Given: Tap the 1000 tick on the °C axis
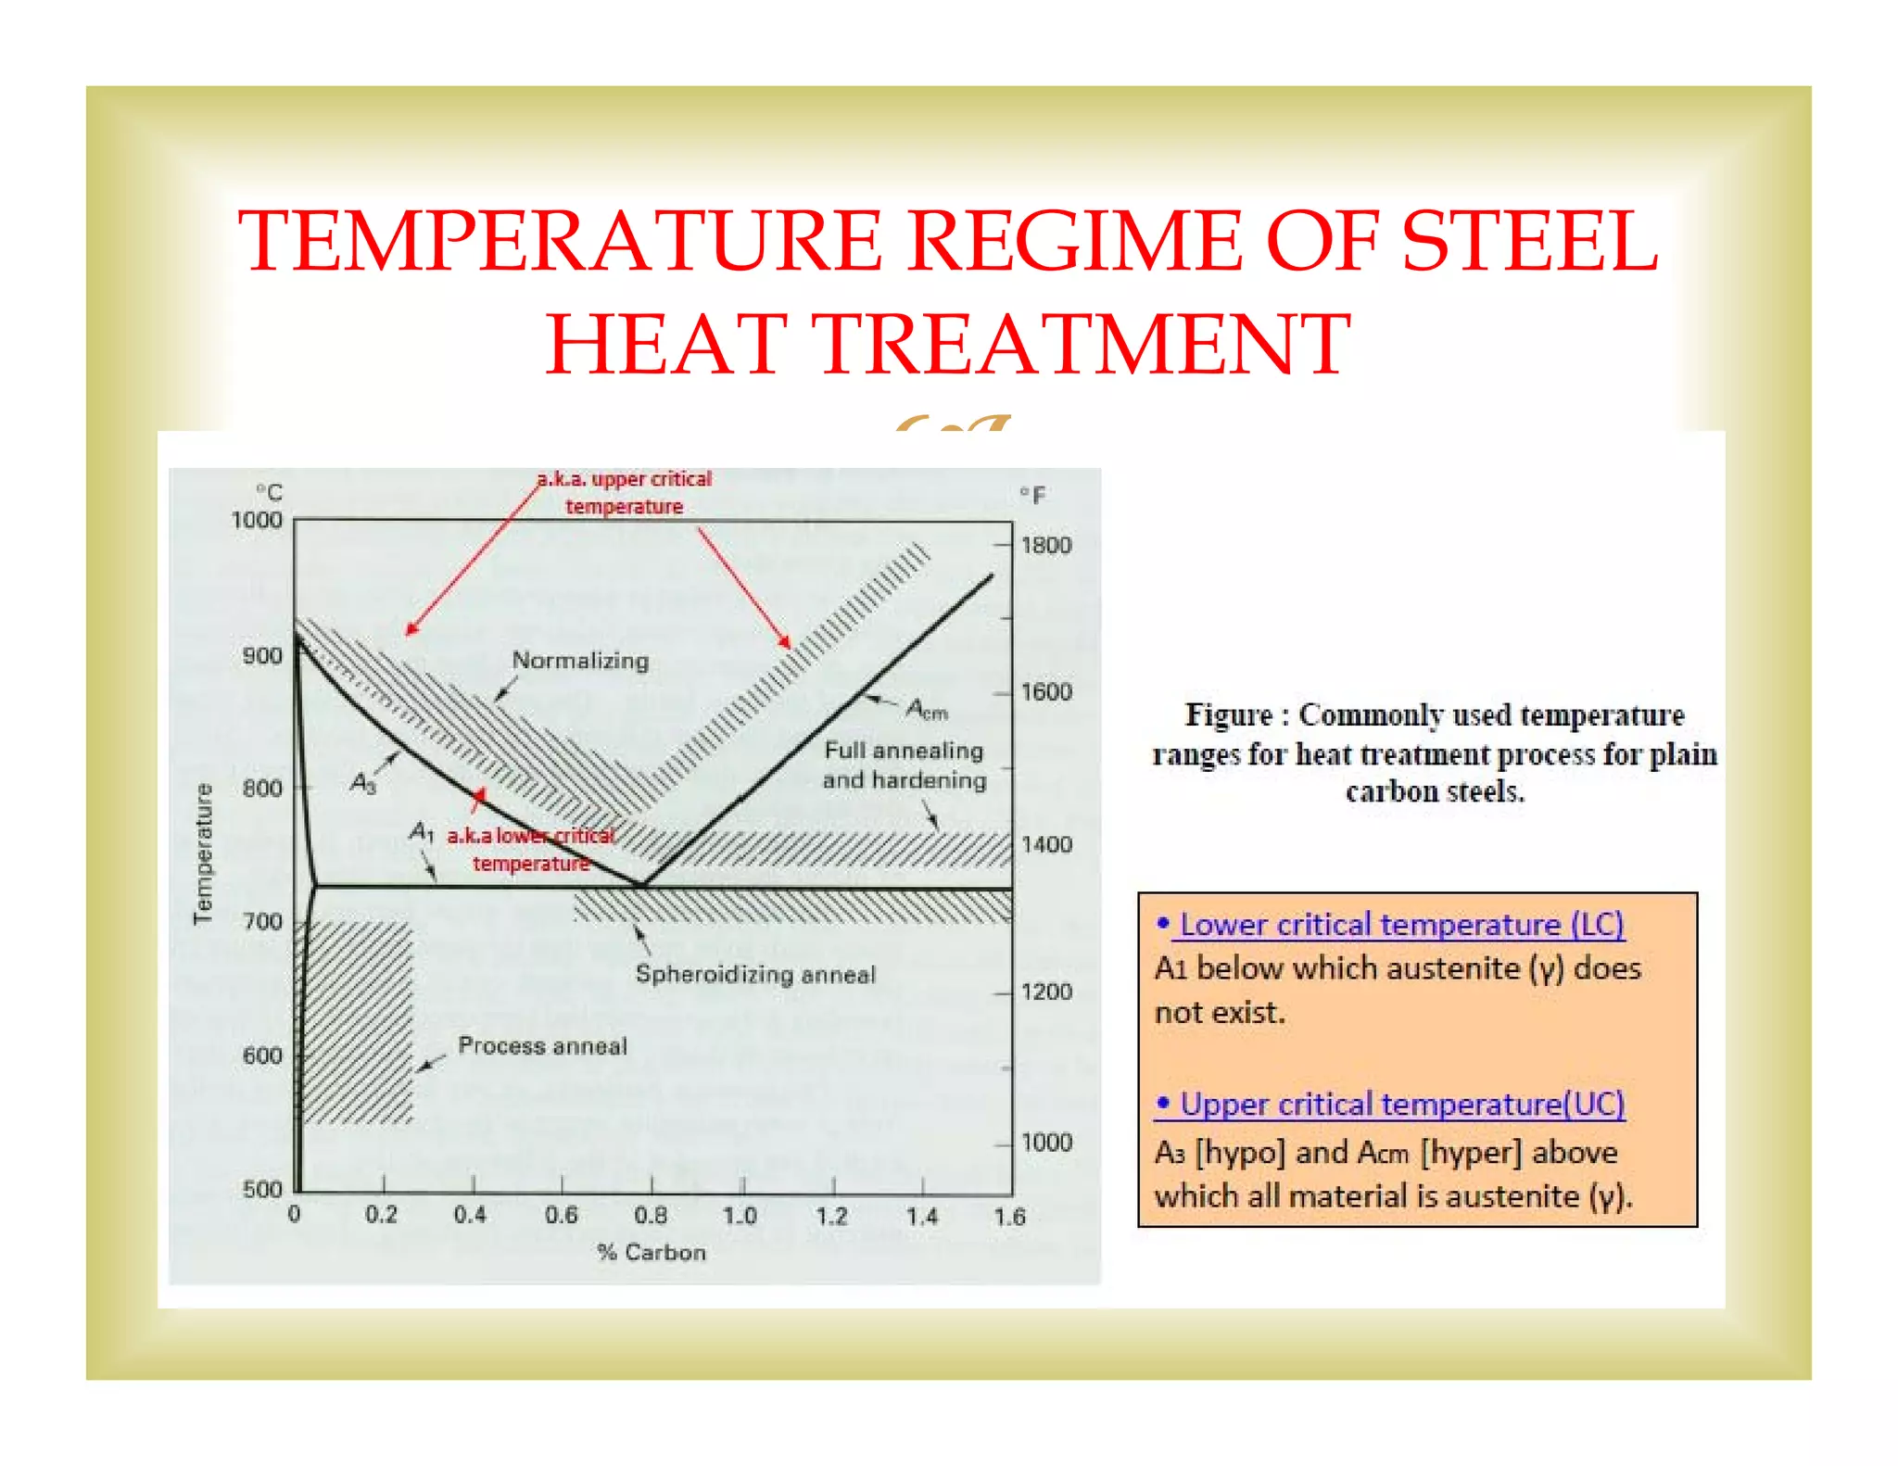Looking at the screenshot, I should [257, 520].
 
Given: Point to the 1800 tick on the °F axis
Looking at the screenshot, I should [1046, 545].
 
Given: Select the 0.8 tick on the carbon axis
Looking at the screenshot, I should [651, 1215].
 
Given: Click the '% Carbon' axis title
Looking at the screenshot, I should [652, 1253].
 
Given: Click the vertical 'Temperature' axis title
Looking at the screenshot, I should [203, 853].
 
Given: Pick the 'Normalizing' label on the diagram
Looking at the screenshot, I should [580, 661].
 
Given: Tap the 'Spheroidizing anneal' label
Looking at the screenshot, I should [755, 975].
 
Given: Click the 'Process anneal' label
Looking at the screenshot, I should [542, 1046].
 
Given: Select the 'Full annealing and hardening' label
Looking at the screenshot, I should [905, 765].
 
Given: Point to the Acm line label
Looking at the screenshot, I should [927, 710].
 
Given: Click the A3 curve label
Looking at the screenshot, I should [363, 784].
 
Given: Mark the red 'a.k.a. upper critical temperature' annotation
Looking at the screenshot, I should [625, 492].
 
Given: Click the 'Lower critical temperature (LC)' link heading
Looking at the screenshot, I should [1400, 925].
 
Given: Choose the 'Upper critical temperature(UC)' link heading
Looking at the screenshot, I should [1400, 1105].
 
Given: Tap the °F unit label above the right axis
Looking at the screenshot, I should [1032, 496].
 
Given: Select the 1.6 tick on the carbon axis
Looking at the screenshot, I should [1009, 1217].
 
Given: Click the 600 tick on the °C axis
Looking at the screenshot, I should [262, 1055].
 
